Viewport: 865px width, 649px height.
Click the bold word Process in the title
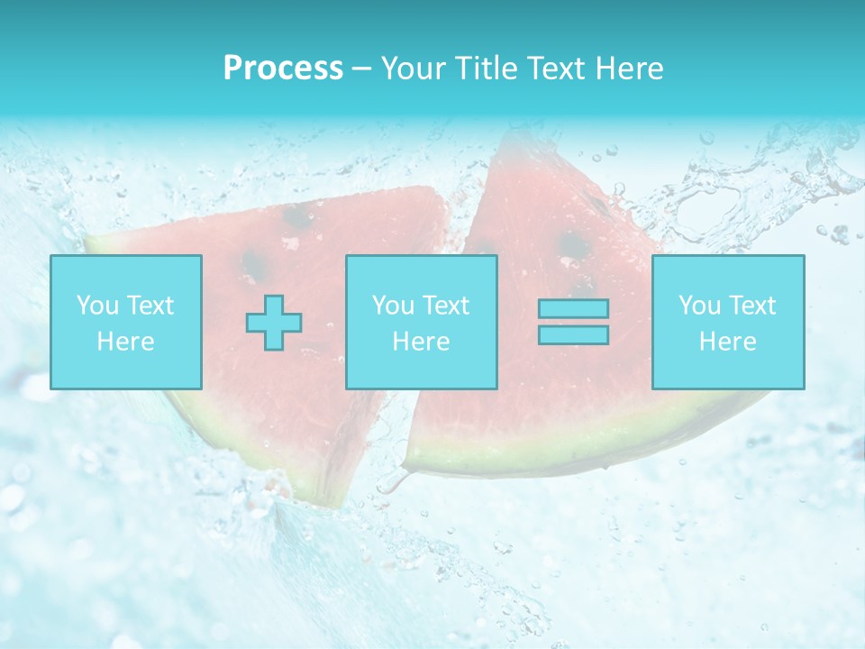(x=283, y=69)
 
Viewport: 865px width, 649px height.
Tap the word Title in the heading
(x=486, y=69)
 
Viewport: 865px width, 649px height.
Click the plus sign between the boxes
(x=274, y=323)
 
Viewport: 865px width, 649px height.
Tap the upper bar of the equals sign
(x=573, y=309)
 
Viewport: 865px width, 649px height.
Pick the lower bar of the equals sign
(x=573, y=335)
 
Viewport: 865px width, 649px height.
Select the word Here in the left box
(x=125, y=342)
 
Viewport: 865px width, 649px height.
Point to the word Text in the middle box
(x=447, y=306)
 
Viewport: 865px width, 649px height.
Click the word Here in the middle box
(x=421, y=342)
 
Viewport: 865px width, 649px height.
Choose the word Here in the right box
(x=727, y=342)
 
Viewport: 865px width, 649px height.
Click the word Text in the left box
(x=150, y=306)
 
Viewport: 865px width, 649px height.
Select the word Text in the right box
(x=753, y=306)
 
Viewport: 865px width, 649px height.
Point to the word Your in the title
(x=411, y=69)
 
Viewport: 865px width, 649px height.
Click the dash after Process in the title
(x=362, y=69)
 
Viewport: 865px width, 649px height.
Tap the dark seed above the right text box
(x=573, y=245)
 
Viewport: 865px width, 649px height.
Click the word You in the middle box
(x=393, y=306)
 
